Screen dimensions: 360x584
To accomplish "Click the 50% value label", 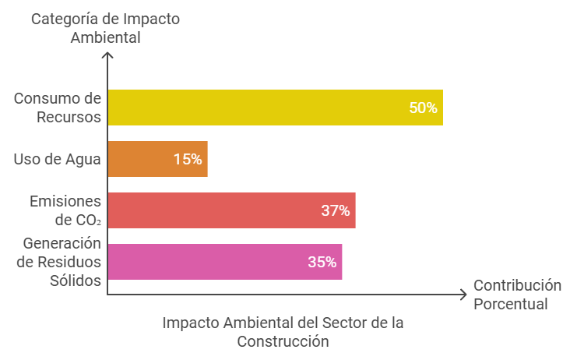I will (x=423, y=108).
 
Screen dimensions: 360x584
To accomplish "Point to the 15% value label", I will (x=188, y=159).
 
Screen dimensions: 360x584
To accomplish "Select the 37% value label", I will (x=335, y=210).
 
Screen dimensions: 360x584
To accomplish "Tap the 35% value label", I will (x=322, y=262).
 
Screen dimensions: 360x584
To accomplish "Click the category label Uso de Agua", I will (x=58, y=159).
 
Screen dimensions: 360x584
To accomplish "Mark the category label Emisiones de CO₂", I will (x=65, y=210).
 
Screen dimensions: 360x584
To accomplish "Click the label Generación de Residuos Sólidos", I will (x=59, y=262).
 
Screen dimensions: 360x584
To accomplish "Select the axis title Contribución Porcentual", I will (x=516, y=294).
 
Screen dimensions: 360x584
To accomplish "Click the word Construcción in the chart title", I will (x=283, y=341).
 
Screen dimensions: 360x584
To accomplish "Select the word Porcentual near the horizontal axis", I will (x=511, y=303).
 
